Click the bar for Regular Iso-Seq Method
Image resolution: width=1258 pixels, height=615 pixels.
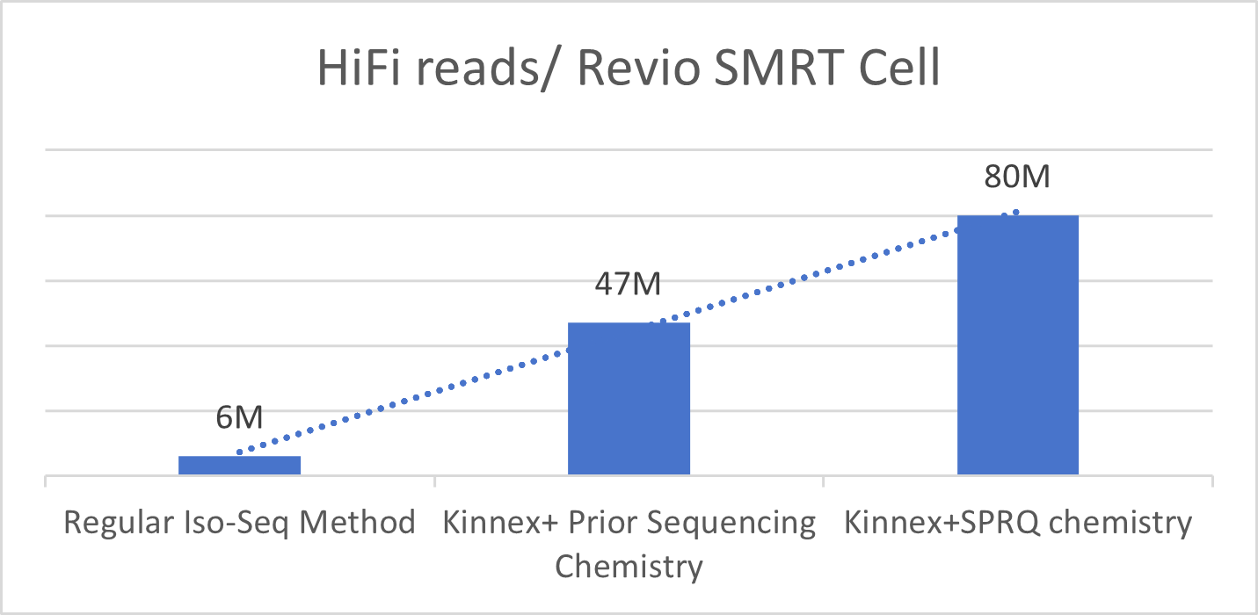click(239, 466)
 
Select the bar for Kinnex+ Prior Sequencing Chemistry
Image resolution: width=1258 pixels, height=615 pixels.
click(629, 399)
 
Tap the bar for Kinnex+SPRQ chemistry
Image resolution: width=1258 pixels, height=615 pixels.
click(1017, 345)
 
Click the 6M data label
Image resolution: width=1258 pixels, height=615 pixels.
click(239, 417)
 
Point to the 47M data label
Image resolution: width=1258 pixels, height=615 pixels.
click(628, 285)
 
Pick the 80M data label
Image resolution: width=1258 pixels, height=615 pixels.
click(1017, 177)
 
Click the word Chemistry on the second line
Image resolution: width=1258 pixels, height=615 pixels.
click(629, 566)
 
